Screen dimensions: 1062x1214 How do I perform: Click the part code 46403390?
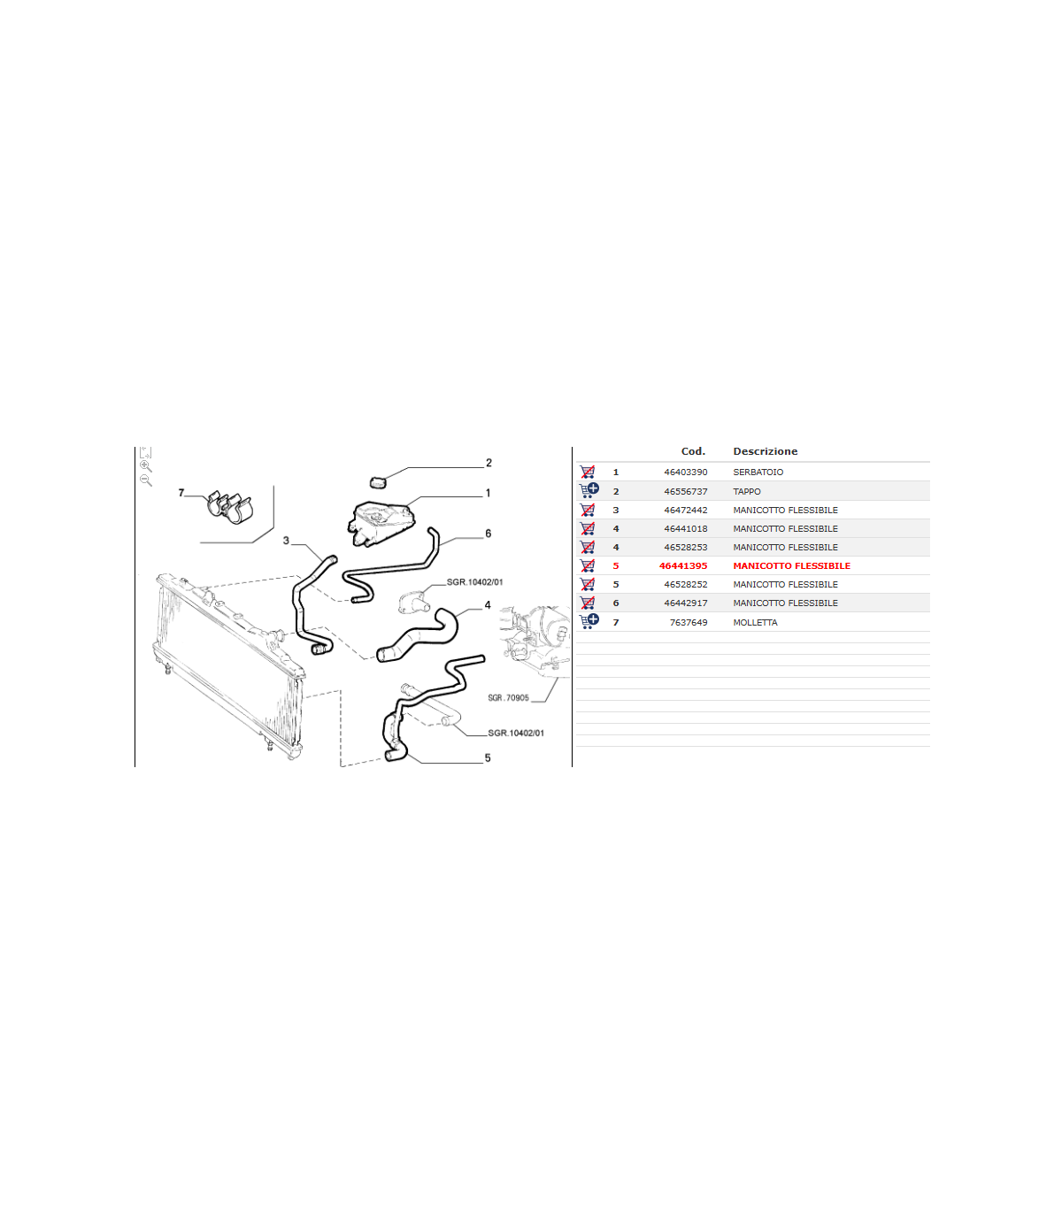tap(685, 472)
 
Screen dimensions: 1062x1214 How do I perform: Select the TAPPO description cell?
tap(746, 491)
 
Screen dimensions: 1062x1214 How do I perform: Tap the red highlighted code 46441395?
tap(683, 565)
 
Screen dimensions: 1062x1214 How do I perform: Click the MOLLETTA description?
tap(755, 622)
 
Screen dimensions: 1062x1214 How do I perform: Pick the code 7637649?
tap(689, 622)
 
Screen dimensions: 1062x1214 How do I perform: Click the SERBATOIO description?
tap(758, 472)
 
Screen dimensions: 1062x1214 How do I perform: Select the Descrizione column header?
tap(765, 451)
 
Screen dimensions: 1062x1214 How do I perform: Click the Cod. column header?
tap(693, 451)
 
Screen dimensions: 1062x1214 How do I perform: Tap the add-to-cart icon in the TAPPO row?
tap(589, 490)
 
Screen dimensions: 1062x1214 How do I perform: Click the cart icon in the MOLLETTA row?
tap(589, 621)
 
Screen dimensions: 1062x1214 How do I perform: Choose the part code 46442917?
tap(685, 603)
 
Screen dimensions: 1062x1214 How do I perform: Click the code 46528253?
tap(685, 547)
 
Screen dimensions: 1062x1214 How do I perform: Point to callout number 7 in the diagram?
tap(181, 493)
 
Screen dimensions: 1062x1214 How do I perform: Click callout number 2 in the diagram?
tap(489, 463)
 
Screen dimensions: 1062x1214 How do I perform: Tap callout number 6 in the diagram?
tap(488, 534)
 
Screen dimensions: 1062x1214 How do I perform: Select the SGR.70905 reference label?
tap(508, 698)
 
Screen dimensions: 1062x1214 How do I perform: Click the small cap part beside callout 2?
tap(378, 482)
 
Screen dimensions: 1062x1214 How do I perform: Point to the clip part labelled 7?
tap(229, 507)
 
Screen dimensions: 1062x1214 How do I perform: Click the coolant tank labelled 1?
tap(381, 523)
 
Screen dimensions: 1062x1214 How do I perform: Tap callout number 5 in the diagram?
tap(487, 757)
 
